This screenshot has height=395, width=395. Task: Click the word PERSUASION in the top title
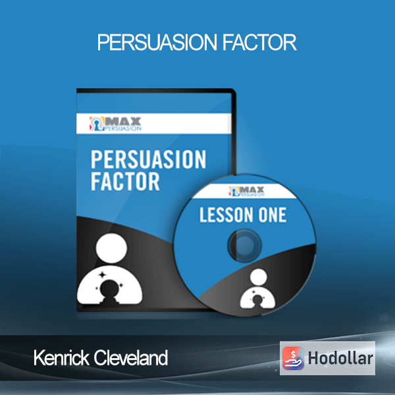point(157,43)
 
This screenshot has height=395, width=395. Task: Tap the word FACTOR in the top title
point(259,43)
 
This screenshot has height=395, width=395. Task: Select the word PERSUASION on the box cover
point(148,159)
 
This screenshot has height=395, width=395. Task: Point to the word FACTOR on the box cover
point(125,182)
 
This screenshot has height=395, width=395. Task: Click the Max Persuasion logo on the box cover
point(115,124)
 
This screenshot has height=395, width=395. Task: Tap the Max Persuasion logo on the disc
point(247,192)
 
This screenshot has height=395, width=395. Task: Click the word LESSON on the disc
point(226,215)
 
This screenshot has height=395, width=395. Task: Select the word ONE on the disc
point(273,215)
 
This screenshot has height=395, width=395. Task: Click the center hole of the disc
point(245,246)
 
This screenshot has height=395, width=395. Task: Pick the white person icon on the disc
point(257,289)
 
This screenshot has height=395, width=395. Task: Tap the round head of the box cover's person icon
point(111,248)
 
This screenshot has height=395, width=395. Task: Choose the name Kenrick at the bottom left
point(61,357)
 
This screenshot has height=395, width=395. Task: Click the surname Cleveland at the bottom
point(131,357)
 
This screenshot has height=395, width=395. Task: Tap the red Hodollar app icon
point(293,358)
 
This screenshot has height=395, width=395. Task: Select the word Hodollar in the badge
point(340,358)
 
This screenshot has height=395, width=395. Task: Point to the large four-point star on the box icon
point(103,275)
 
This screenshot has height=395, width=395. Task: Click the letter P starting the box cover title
point(96,159)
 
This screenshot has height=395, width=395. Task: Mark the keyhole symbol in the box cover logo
point(97,124)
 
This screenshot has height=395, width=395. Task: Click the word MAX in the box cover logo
point(123,121)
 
